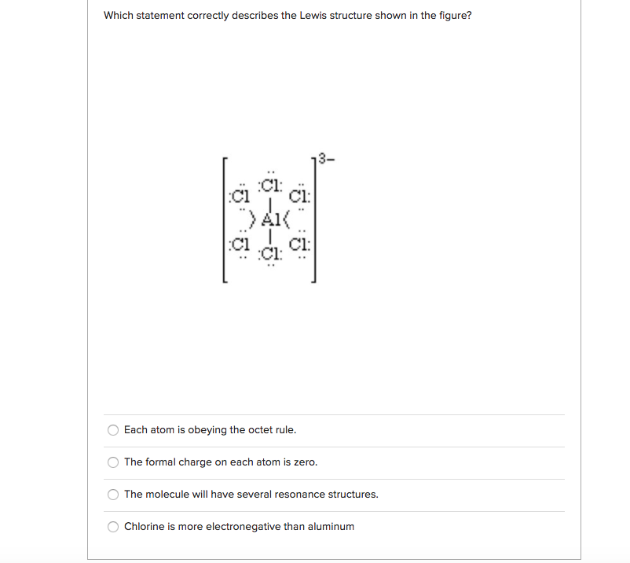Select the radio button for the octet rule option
point(114,430)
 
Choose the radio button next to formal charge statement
point(114,462)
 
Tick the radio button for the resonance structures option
point(114,495)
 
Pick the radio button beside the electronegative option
point(114,527)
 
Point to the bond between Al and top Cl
point(270,201)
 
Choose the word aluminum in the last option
point(331,527)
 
